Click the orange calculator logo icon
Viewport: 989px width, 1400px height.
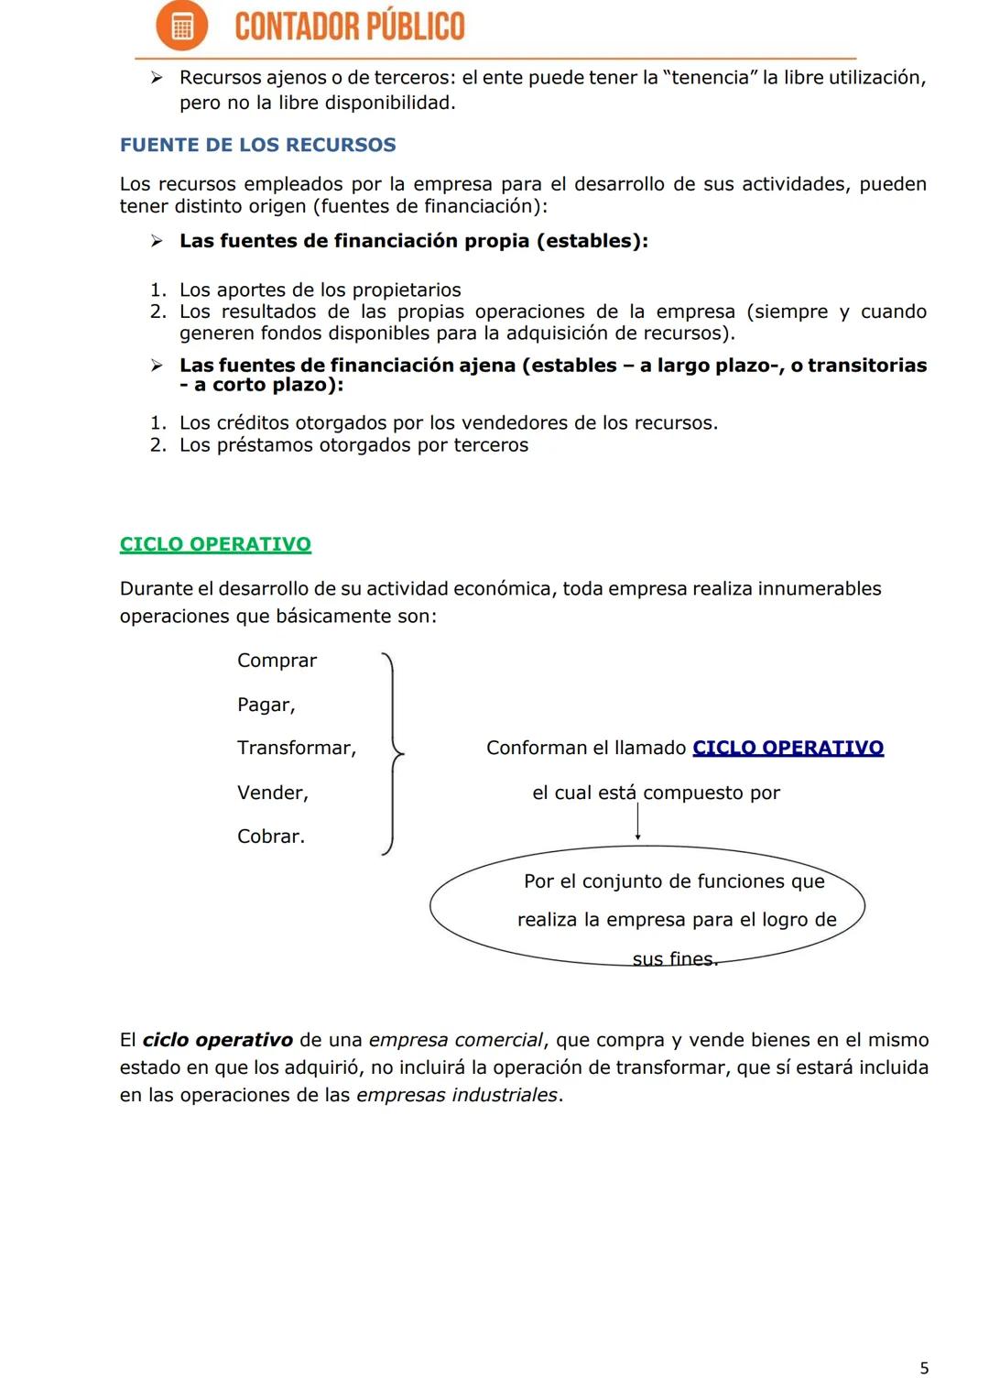point(181,27)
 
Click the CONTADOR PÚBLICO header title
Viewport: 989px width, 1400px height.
point(350,27)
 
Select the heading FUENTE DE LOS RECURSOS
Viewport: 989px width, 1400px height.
point(258,145)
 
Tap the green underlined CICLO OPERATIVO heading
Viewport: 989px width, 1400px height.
point(215,544)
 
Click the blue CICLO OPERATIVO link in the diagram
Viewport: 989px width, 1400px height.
point(788,748)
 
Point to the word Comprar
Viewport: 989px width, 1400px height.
point(277,661)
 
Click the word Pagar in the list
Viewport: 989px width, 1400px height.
point(265,705)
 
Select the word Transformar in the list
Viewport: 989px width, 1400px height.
point(295,748)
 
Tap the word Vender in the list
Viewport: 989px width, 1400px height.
point(271,793)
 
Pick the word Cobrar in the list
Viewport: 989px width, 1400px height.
point(270,837)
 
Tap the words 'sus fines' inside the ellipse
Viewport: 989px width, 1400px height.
point(674,958)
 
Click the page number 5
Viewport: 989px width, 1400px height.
point(924,1368)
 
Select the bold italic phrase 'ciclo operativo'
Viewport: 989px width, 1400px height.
point(218,1040)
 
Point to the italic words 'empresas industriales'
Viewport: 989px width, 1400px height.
point(457,1095)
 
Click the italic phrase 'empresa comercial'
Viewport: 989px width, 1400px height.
point(455,1040)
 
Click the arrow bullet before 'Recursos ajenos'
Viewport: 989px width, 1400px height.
point(157,78)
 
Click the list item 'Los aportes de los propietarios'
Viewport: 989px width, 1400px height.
point(320,290)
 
